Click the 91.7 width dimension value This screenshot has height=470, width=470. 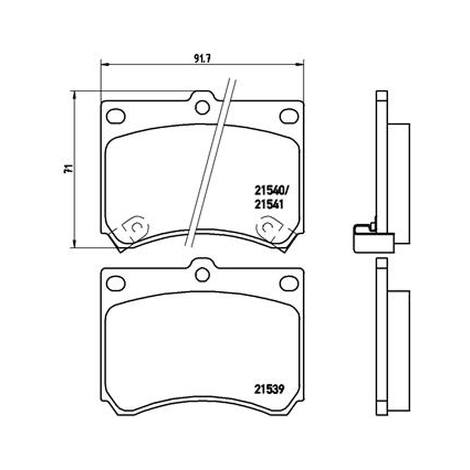(x=202, y=59)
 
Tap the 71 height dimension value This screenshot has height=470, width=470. (x=68, y=169)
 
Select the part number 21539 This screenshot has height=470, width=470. (x=269, y=390)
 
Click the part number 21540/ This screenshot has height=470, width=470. (x=273, y=190)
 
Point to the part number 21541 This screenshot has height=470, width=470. (x=269, y=204)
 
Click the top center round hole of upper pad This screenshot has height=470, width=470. (x=202, y=108)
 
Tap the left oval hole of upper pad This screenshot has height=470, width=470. (x=116, y=116)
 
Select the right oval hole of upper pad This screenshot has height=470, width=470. (x=289, y=116)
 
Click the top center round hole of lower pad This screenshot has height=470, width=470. (x=202, y=274)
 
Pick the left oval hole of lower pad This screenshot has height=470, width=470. (x=116, y=284)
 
